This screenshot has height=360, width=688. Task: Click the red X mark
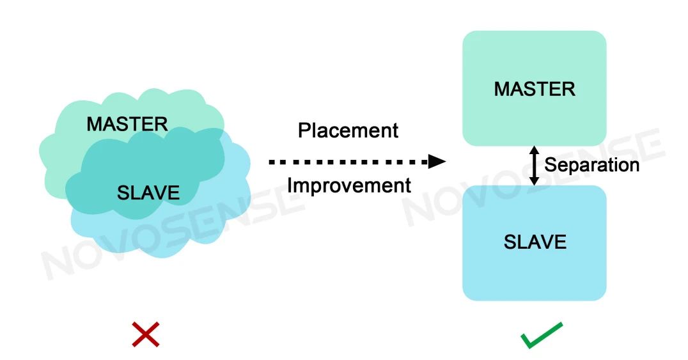click(x=145, y=334)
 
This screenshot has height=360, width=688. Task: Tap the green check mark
click(x=541, y=335)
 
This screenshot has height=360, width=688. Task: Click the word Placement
click(x=348, y=130)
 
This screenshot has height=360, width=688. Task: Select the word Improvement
click(x=348, y=185)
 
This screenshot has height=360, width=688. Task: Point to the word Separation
click(x=591, y=165)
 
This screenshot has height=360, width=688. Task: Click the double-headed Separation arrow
click(x=534, y=165)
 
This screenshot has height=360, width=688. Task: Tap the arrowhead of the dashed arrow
click(x=437, y=161)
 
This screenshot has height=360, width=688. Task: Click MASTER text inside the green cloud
click(x=127, y=123)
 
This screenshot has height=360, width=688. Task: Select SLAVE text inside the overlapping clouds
click(x=148, y=192)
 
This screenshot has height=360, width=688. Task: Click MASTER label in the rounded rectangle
click(x=535, y=89)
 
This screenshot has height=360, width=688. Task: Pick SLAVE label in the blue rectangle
click(x=535, y=242)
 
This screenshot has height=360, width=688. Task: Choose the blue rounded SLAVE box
click(x=535, y=275)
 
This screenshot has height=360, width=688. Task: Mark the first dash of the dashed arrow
click(x=272, y=162)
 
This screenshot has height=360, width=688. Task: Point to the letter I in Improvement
click(x=290, y=185)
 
